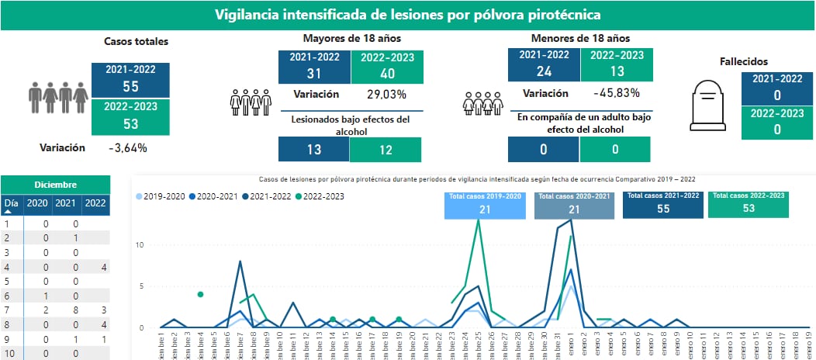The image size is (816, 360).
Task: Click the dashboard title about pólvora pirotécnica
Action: pos(407,15)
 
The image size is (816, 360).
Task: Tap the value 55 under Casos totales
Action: pos(130,87)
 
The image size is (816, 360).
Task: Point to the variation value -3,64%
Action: pos(128,147)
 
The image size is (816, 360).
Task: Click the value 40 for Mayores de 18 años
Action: pos(387,74)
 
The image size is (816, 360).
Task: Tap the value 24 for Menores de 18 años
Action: pos(544,71)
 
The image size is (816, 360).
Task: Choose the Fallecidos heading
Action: pos(744,61)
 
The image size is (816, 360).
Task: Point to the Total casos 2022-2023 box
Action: pos(748,204)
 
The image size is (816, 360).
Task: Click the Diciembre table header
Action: pos(56,185)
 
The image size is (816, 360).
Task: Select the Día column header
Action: pos(11,204)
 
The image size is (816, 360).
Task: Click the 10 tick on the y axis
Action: pos(140,244)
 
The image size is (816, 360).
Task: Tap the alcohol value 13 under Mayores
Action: pos(313,150)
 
